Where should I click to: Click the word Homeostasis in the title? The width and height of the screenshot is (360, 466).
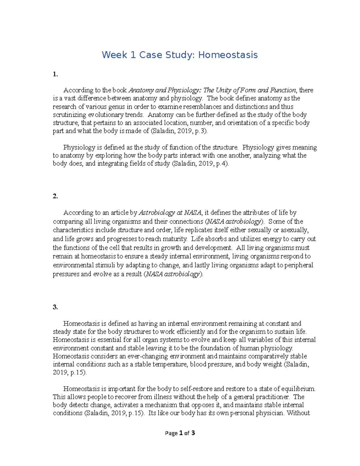[228, 55]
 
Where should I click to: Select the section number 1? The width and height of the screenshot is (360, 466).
[55, 74]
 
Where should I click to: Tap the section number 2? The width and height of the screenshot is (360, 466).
[55, 196]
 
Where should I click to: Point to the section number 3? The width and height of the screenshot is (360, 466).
[55, 307]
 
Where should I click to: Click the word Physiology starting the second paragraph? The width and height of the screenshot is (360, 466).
[79, 147]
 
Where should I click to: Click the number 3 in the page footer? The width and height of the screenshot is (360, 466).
[193, 433]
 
